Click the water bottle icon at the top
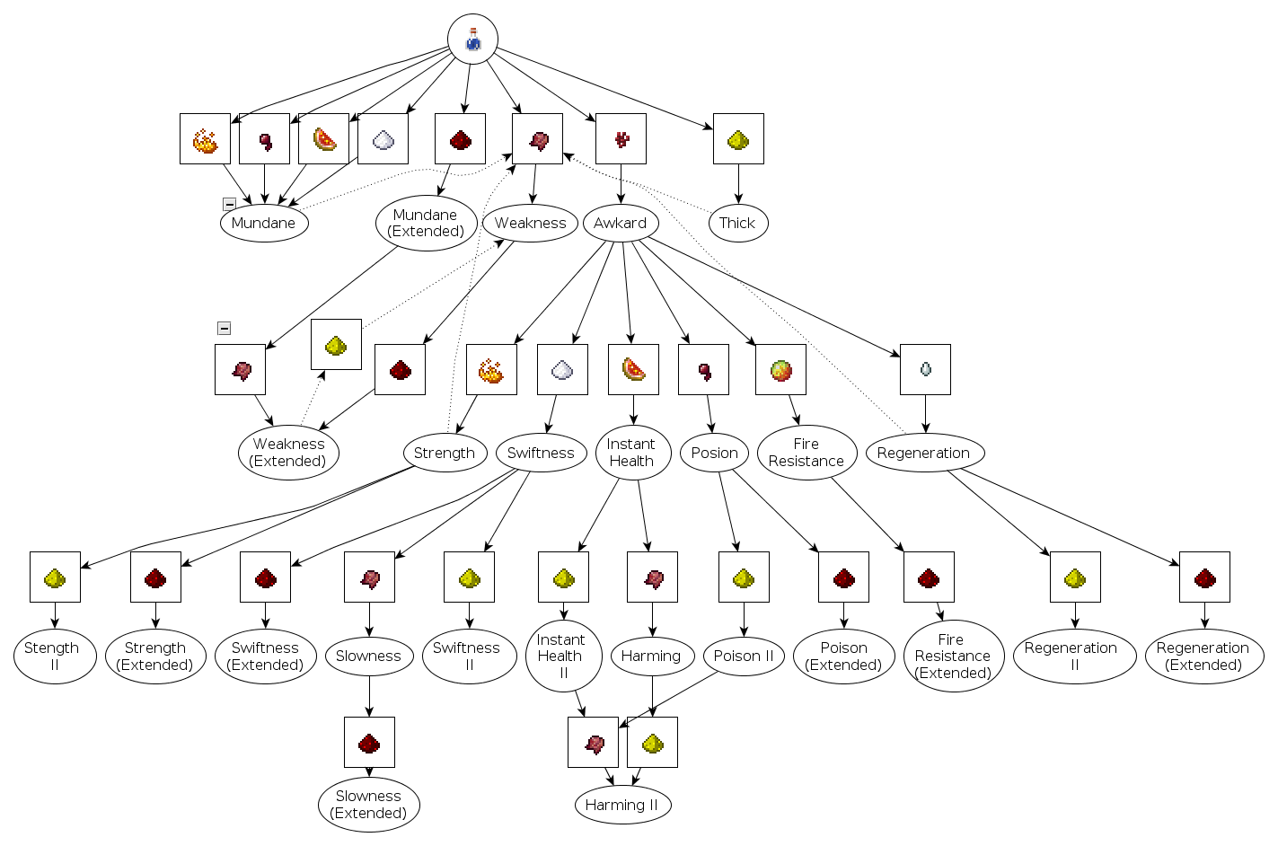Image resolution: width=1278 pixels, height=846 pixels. (472, 40)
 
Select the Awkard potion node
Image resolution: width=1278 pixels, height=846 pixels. (621, 224)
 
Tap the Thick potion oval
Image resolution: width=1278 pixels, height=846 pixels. (737, 224)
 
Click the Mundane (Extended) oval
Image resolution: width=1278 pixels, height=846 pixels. (426, 223)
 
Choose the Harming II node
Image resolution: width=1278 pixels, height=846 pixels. (622, 805)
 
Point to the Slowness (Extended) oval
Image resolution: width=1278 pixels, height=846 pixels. (368, 805)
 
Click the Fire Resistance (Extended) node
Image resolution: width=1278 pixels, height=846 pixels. (952, 657)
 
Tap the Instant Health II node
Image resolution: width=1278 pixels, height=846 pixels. (562, 657)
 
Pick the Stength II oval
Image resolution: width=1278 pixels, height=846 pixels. (54, 657)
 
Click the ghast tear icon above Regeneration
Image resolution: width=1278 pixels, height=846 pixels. (925, 369)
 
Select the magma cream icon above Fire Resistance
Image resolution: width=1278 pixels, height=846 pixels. (780, 369)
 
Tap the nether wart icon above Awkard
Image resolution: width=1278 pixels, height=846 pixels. (621, 139)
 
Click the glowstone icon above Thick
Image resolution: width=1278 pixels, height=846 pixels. (738, 139)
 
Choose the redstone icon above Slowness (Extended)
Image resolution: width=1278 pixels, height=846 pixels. (369, 743)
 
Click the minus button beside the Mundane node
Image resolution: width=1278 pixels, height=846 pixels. (229, 205)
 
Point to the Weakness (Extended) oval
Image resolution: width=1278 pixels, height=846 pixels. (288, 453)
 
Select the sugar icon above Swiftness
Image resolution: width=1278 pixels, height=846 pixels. (562, 369)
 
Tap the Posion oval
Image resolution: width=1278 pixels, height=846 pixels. (715, 453)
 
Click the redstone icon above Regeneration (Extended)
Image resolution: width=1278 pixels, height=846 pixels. (1204, 577)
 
